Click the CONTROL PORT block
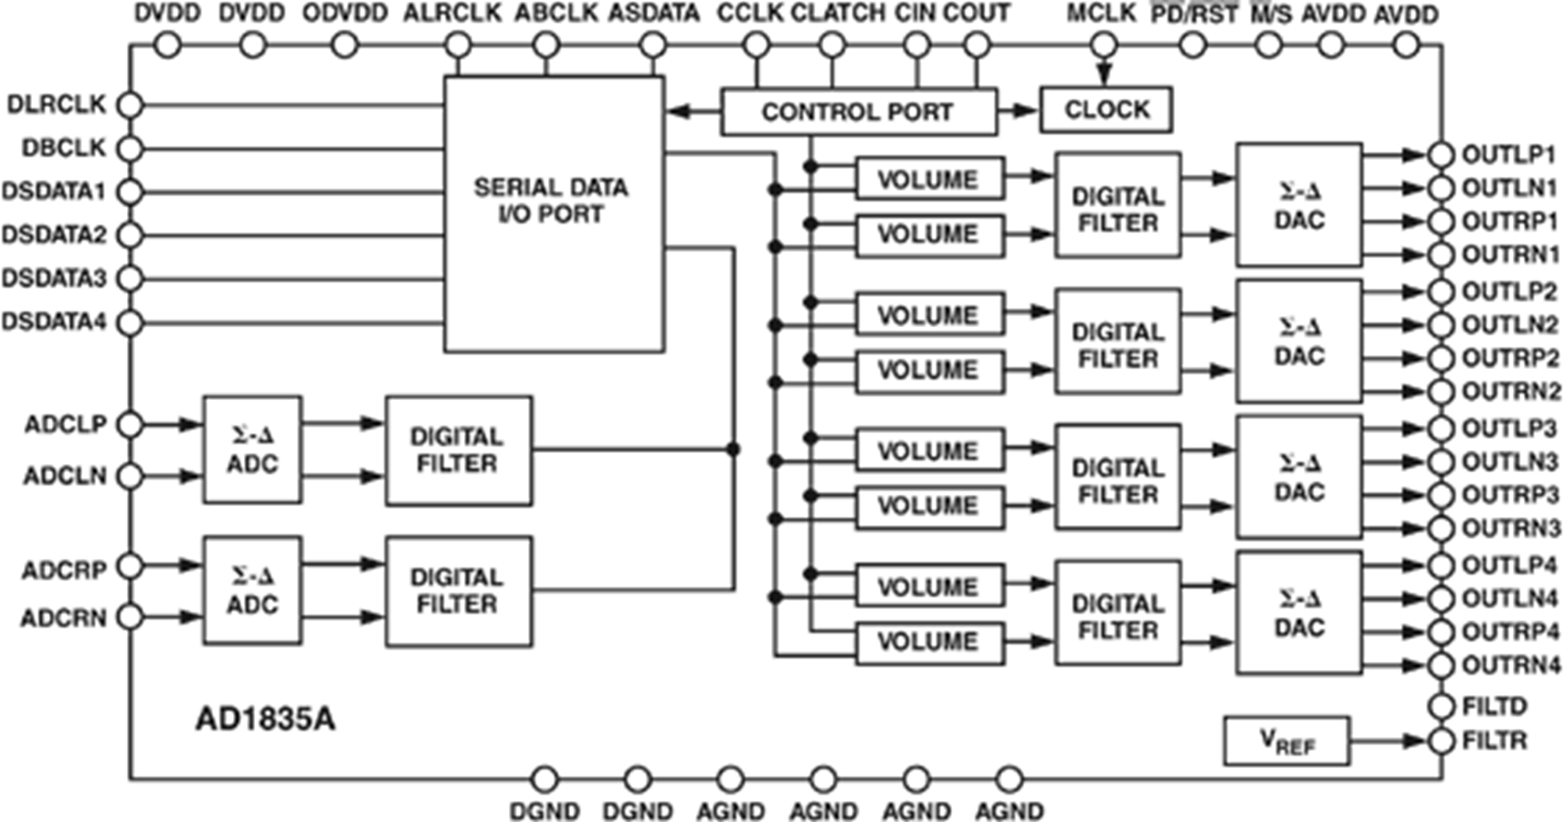[x=859, y=111]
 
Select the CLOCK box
[x=1106, y=110]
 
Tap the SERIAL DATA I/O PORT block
[x=555, y=215]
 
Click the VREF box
[x=1286, y=741]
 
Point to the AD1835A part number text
[x=265, y=720]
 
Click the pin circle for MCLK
[x=1104, y=46]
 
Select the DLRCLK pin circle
[x=130, y=106]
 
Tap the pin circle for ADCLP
[x=130, y=425]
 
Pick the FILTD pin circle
[x=1441, y=707]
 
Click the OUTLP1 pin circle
[x=1441, y=155]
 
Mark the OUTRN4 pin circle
[x=1441, y=666]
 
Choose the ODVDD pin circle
[x=344, y=46]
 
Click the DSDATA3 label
[x=55, y=279]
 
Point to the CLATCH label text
[x=838, y=14]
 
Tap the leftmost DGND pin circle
[x=544, y=779]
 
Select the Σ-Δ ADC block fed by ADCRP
[x=253, y=590]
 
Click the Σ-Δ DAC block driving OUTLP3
[x=1299, y=478]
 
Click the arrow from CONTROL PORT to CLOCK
[x=1018, y=111]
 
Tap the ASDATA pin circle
[x=653, y=46]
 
